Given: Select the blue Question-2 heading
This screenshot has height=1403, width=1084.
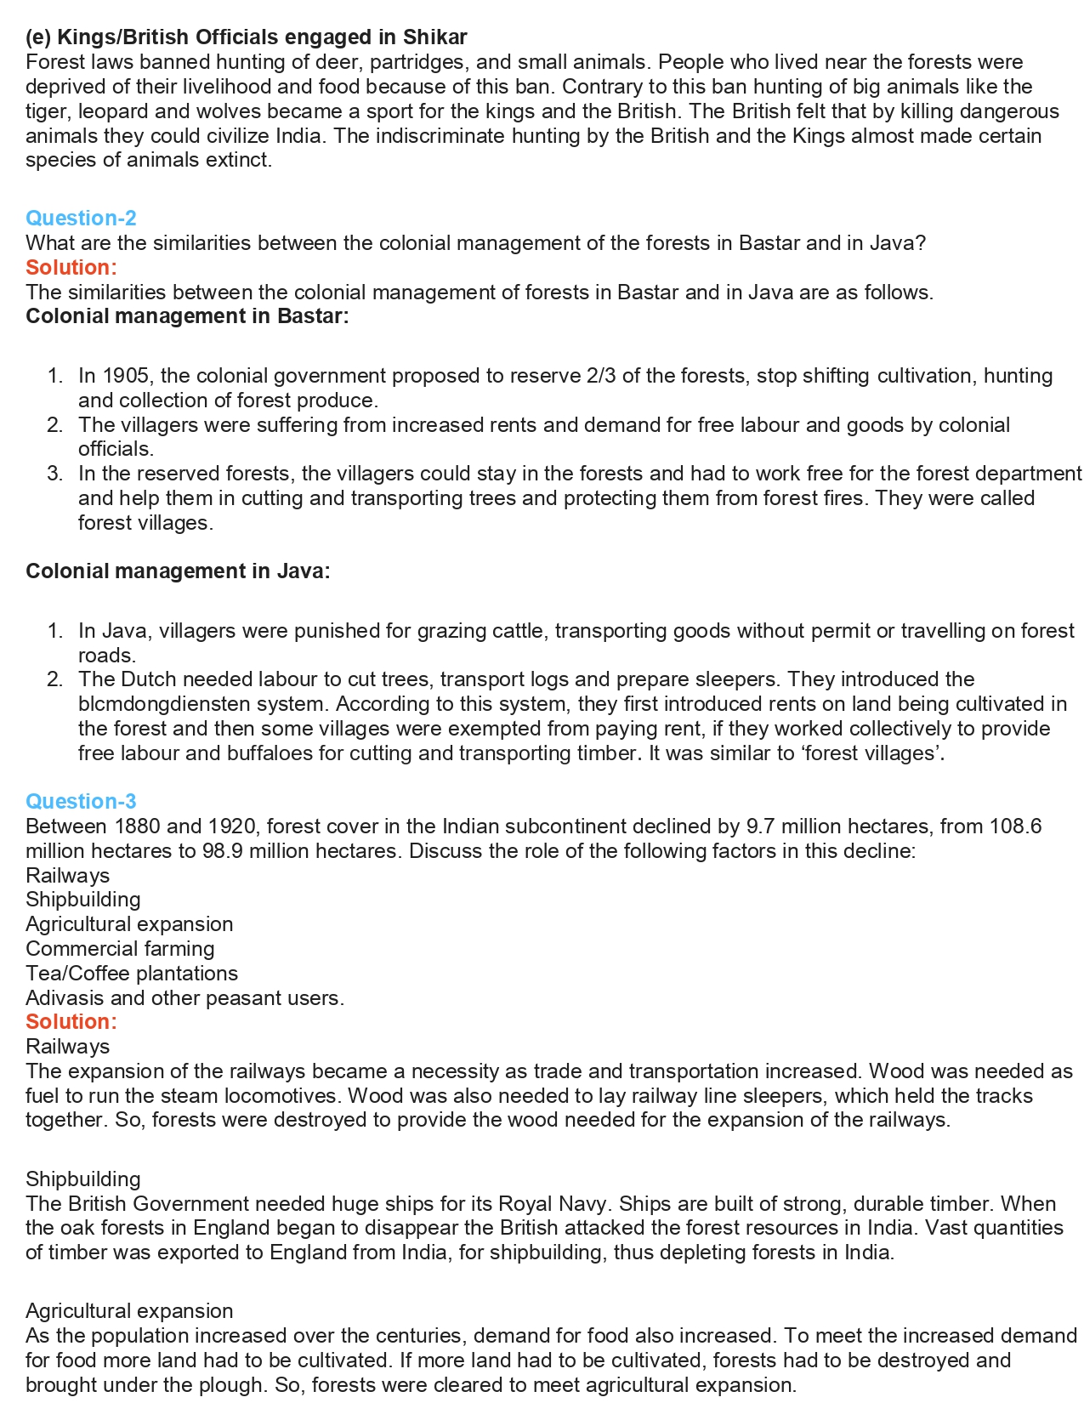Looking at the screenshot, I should [81, 219].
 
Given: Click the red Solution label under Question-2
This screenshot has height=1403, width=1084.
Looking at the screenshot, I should [71, 268].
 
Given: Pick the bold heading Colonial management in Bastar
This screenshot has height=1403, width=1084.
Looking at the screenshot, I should [187, 316].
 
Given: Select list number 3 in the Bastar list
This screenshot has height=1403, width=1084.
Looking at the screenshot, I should [55, 474].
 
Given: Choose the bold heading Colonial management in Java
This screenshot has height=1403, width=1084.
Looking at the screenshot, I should [178, 571].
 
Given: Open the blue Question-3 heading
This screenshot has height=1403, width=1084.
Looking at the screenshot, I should [81, 802].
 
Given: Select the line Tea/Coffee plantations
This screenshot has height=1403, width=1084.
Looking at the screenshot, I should [132, 974].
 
